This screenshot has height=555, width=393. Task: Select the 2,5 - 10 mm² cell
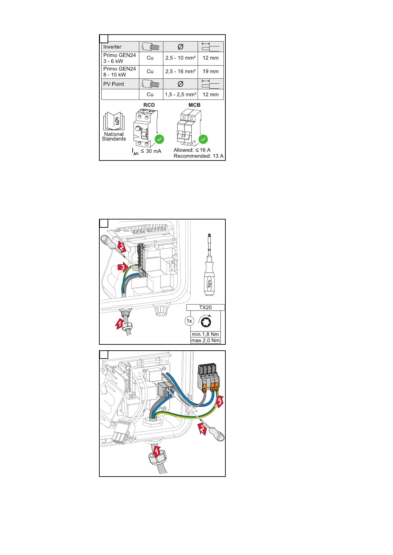click(x=180, y=58)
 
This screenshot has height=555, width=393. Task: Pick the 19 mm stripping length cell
click(x=211, y=72)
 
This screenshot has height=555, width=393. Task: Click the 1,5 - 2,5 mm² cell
click(x=180, y=95)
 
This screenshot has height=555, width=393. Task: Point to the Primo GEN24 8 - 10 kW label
click(x=119, y=72)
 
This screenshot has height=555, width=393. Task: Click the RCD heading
click(x=149, y=105)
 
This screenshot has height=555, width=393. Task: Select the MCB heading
click(x=194, y=105)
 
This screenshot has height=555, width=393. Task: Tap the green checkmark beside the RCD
click(x=159, y=139)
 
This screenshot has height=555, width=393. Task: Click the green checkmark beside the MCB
click(x=203, y=139)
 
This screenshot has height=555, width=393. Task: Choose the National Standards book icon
click(x=114, y=121)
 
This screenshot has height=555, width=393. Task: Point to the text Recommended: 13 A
click(x=198, y=156)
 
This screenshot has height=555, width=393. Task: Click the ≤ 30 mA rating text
click(x=151, y=151)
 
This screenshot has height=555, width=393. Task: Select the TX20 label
click(x=205, y=307)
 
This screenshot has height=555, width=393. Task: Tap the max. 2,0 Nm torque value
click(x=205, y=340)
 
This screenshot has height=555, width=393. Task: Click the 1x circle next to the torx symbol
click(x=189, y=321)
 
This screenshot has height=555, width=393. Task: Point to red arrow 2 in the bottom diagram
click(x=202, y=428)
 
